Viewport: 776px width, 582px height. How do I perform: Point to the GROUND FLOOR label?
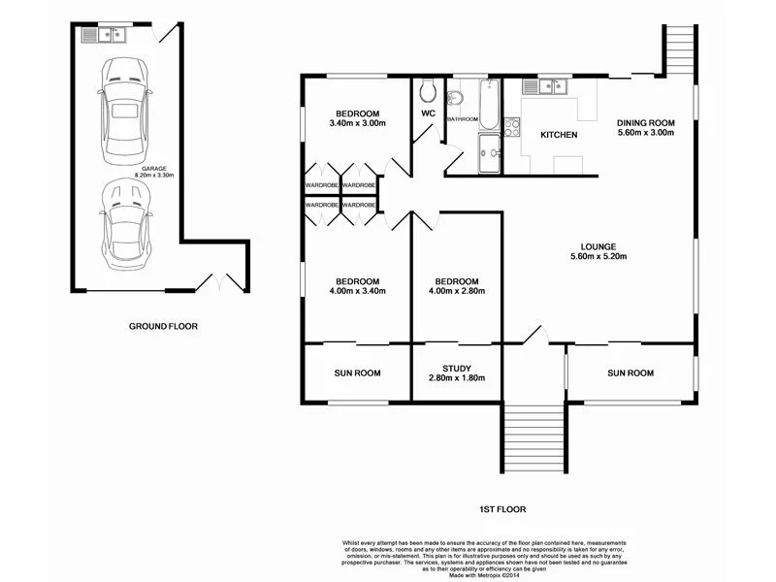[163, 327]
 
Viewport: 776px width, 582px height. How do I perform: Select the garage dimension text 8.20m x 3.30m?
[151, 176]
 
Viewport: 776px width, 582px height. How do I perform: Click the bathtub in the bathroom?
[489, 106]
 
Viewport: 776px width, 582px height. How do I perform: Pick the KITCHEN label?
[559, 135]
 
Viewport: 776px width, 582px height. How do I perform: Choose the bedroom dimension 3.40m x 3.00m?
[358, 124]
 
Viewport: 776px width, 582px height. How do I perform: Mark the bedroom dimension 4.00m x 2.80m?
[456, 290]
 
